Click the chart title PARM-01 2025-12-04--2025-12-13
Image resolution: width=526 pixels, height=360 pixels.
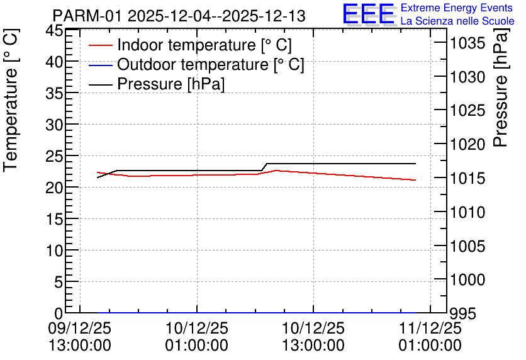179,16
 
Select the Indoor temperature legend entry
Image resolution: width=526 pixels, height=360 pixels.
190,45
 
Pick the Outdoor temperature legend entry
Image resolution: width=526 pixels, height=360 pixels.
196,64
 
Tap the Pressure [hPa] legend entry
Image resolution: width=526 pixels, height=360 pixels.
157,84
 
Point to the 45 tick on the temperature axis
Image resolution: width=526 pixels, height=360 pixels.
53,31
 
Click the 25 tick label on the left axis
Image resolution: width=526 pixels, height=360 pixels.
53,156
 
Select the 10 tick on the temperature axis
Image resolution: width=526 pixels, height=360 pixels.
53,250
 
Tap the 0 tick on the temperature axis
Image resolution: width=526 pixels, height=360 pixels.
59,313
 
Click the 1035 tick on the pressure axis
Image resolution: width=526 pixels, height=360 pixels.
467,43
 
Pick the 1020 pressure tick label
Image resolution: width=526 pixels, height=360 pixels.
467,145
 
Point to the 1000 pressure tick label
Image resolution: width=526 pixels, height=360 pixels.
467,279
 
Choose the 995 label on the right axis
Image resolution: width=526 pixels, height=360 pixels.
463,314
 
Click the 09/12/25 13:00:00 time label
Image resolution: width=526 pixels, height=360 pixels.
79,337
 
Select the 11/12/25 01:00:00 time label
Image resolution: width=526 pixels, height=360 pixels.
430,337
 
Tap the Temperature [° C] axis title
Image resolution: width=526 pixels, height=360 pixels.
11,101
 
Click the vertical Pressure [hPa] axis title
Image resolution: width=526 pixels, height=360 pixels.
500,87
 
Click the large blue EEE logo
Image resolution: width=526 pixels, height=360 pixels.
369,14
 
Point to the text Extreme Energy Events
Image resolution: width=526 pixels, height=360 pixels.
457,8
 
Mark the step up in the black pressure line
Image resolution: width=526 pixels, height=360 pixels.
264,167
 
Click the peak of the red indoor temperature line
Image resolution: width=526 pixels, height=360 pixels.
276,171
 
